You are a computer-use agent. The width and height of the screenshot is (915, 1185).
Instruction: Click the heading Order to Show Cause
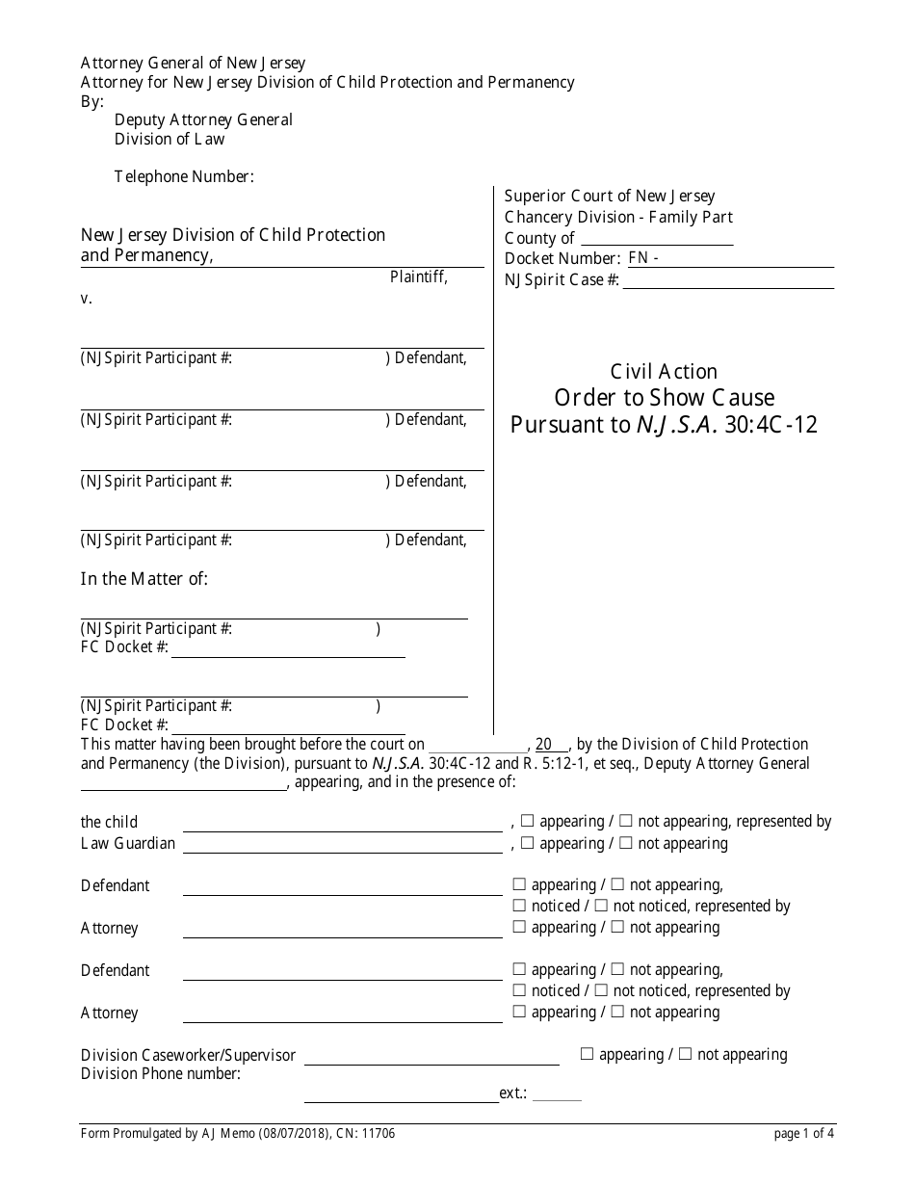(x=664, y=398)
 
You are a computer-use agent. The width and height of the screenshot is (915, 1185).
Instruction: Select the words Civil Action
(x=664, y=372)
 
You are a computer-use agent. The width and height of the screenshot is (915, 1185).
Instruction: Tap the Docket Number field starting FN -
(x=730, y=259)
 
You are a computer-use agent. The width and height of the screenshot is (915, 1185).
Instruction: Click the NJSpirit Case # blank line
(x=728, y=280)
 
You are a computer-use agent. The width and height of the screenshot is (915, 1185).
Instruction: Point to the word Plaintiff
(x=418, y=277)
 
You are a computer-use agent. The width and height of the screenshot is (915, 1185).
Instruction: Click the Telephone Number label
(x=184, y=176)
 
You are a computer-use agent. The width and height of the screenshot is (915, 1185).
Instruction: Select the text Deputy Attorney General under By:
(x=203, y=120)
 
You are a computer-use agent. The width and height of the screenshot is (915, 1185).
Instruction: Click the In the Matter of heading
(x=144, y=579)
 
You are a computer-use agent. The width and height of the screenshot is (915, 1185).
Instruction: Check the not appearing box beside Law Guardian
(x=625, y=843)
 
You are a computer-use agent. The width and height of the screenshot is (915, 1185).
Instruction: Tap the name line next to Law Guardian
(x=342, y=844)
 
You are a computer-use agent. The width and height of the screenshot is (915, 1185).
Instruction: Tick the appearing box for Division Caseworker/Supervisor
(x=587, y=1054)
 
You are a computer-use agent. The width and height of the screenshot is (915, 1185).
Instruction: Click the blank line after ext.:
(x=557, y=1093)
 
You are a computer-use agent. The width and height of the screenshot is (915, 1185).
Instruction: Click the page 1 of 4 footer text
(x=804, y=1134)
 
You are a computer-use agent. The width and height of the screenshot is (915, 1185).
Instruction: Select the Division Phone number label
(x=161, y=1074)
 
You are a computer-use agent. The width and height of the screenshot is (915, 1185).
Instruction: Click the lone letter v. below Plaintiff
(x=87, y=299)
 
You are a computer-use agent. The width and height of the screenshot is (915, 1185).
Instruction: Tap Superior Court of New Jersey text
(x=610, y=197)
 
